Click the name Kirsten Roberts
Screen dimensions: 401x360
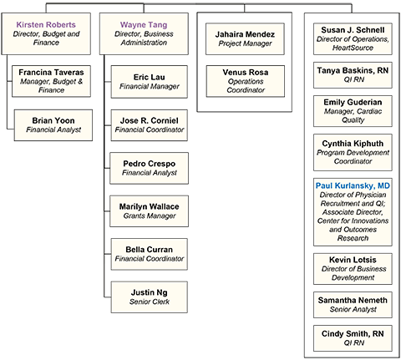click(x=46, y=24)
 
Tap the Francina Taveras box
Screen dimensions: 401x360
click(x=51, y=81)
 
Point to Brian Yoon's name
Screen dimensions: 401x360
click(x=53, y=120)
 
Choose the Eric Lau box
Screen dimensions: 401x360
click(x=150, y=82)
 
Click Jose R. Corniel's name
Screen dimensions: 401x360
click(x=150, y=120)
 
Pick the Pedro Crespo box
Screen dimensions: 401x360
click(x=150, y=168)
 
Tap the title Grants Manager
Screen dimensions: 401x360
click(x=150, y=215)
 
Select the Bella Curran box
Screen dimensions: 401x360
click(x=150, y=254)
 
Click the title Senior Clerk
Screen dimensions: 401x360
click(x=150, y=302)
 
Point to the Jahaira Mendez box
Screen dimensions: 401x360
click(x=245, y=38)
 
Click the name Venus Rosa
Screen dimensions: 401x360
click(x=246, y=72)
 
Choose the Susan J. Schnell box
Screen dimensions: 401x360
click(x=353, y=38)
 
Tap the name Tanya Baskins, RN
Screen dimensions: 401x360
click(x=353, y=70)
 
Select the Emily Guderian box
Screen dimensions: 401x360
click(x=353, y=111)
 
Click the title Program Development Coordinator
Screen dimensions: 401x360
click(x=353, y=157)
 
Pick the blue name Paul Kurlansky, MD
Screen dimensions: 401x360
click(x=353, y=185)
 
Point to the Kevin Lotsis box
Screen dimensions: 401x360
click(x=353, y=269)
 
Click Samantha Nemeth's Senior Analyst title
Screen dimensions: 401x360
click(x=353, y=309)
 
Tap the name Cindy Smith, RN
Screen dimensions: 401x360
click(x=353, y=333)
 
